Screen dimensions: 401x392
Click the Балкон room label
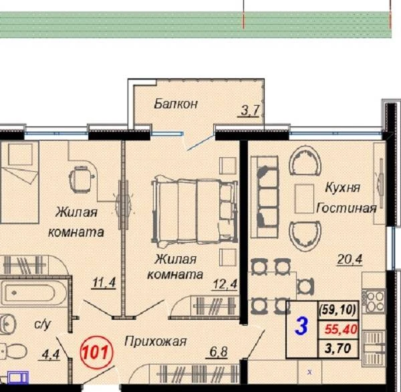pyautogui.click(x=176, y=104)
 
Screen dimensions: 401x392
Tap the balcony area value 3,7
pyautogui.click(x=251, y=111)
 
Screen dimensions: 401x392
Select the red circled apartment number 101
pyautogui.click(x=96, y=353)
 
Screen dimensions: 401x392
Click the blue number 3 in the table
pyautogui.click(x=301, y=326)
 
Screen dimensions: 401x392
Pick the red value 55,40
pyautogui.click(x=341, y=329)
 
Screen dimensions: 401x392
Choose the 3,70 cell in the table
pyautogui.click(x=338, y=349)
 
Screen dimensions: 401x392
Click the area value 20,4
pyautogui.click(x=350, y=260)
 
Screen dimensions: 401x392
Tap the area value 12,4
pyautogui.click(x=225, y=284)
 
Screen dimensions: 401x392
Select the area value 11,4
pyautogui.click(x=104, y=283)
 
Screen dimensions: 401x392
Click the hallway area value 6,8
pyautogui.click(x=219, y=352)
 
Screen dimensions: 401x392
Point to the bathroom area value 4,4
pyautogui.click(x=50, y=355)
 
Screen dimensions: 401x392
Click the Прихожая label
pyautogui.click(x=156, y=341)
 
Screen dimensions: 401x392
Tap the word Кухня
pyautogui.click(x=342, y=187)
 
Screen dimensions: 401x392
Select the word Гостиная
pyautogui.click(x=346, y=208)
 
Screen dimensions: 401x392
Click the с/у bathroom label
pyautogui.click(x=43, y=324)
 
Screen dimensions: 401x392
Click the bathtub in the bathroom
pyautogui.click(x=31, y=293)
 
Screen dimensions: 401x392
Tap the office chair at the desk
pyautogui.click(x=81, y=179)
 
